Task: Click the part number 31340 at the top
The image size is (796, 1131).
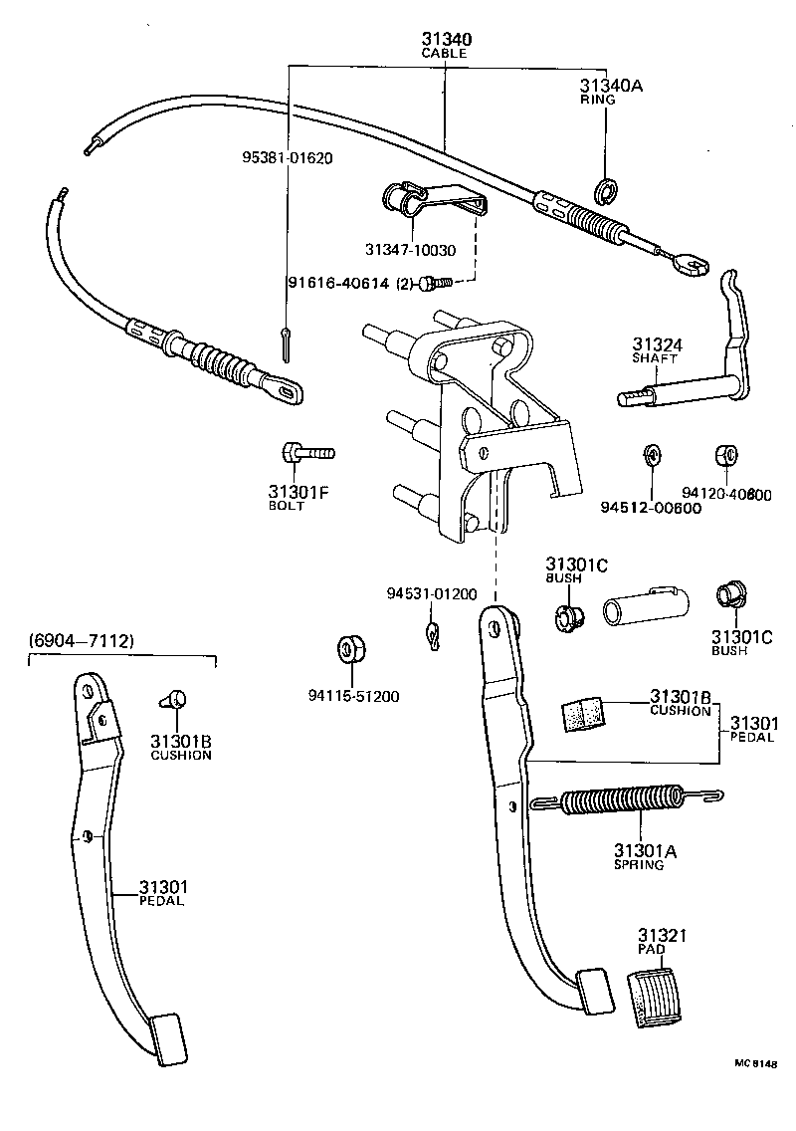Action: (x=446, y=39)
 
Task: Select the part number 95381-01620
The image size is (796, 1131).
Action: (x=287, y=157)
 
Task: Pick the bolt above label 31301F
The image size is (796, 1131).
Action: (x=306, y=454)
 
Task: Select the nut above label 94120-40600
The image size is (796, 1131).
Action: (x=726, y=456)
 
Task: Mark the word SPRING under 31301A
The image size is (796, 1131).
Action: (x=639, y=865)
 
